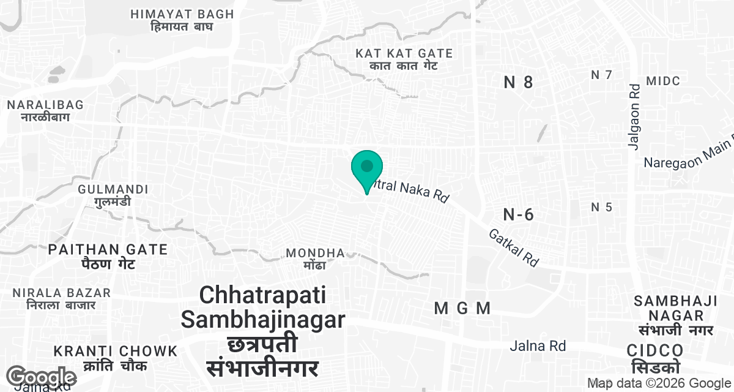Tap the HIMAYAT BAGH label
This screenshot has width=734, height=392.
(182, 20)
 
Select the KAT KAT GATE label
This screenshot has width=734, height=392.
(404, 59)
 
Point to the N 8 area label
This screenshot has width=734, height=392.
(519, 83)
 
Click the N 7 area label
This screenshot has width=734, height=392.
(601, 75)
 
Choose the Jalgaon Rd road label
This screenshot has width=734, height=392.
(634, 115)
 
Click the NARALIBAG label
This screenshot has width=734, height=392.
(45, 111)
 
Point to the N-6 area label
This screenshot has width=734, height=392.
(519, 214)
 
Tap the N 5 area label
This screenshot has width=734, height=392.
(601, 207)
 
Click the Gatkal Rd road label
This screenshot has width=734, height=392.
(514, 247)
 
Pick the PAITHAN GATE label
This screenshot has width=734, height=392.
(108, 256)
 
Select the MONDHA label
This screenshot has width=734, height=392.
(316, 258)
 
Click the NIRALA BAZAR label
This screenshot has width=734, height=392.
(61, 298)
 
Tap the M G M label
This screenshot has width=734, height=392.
(462, 309)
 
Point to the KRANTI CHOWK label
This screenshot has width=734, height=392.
(116, 358)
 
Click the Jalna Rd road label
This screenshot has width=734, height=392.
(538, 346)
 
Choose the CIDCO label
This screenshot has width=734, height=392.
(655, 357)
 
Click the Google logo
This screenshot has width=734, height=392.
(43, 377)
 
